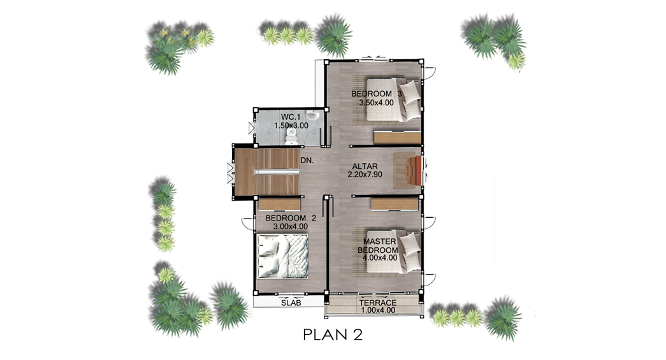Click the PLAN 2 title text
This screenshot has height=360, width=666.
coord(333,335)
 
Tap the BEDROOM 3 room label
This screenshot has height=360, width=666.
coord(376,94)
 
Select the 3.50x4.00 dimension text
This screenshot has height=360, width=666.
coord(376,103)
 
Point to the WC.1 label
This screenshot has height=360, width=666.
coord(291,117)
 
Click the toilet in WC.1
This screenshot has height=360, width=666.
coord(291,134)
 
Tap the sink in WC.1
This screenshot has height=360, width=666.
coord(312,115)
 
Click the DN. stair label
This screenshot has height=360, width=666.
coord(307,161)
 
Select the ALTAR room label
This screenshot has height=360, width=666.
coord(365,166)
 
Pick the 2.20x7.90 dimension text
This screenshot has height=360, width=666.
coord(365,175)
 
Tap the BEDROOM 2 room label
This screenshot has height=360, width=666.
coord(291,218)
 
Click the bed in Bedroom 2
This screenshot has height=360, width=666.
coord(283,256)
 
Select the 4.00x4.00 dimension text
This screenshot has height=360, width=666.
coord(377,257)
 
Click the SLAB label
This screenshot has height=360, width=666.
coord(291,303)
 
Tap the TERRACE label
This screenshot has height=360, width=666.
coord(377,303)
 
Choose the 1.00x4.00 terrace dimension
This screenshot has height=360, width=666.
coord(378,310)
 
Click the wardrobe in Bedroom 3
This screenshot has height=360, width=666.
coord(397,138)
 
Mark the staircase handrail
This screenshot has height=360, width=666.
coord(277,171)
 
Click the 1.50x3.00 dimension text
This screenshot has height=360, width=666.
coord(291,126)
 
